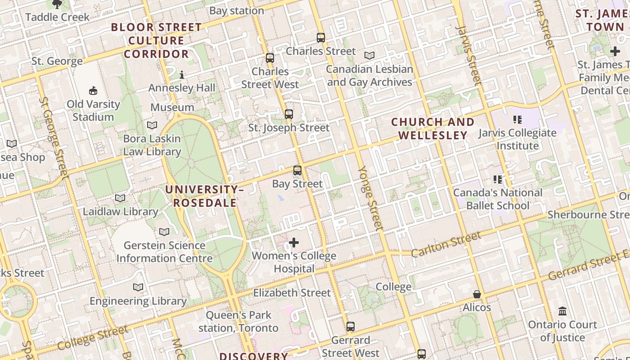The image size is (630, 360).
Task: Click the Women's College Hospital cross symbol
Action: [x=294, y=243]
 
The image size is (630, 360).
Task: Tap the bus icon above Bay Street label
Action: [x=297, y=171]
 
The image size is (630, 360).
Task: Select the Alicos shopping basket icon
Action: [x=477, y=295]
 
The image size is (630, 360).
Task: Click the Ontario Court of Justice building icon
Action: [x=562, y=311]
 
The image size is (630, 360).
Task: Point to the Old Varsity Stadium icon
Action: [x=93, y=91]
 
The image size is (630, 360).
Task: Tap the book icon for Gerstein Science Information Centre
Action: [x=164, y=232]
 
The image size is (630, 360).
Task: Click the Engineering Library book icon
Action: [x=138, y=288]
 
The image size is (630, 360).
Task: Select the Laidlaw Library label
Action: [x=120, y=211]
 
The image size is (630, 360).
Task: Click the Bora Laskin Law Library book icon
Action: [x=152, y=126]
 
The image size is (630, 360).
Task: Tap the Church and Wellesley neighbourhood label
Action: [x=432, y=129]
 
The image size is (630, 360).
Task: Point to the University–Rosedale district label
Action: [x=205, y=196]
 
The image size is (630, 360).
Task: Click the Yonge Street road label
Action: [x=371, y=198]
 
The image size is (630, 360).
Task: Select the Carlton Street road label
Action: [x=446, y=243]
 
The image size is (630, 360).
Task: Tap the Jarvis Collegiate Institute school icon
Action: [x=517, y=120]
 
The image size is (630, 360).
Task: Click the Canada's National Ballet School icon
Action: [x=498, y=180]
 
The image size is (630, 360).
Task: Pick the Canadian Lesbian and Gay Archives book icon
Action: [x=369, y=56]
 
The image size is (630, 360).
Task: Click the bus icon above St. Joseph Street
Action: [x=289, y=114]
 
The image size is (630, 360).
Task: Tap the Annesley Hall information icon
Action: [x=182, y=75]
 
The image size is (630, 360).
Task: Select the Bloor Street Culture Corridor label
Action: [x=157, y=40]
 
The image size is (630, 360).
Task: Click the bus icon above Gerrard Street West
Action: [x=351, y=327]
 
